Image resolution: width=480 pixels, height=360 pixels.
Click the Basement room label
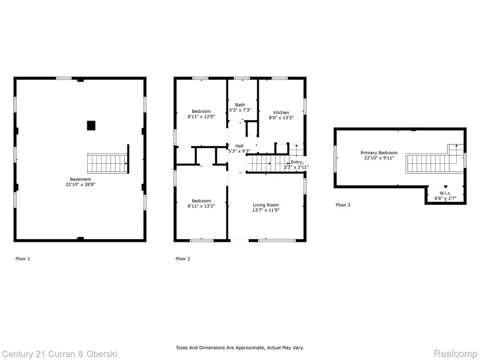80,180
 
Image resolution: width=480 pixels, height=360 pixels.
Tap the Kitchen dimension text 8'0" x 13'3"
281,118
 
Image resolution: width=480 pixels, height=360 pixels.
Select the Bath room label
240,105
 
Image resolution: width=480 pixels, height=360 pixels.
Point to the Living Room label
266,205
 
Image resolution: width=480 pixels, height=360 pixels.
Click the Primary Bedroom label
379,153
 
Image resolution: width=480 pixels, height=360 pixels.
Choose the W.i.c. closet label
445,193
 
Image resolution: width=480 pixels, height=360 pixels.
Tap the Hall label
240,146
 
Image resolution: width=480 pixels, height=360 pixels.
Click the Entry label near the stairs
297,162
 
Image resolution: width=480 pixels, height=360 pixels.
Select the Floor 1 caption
22,259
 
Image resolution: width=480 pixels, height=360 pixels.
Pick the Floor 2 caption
183,259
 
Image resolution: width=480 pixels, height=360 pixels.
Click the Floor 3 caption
343,205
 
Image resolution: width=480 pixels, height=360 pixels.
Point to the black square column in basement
91,126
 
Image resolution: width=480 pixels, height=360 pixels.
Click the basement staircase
107,164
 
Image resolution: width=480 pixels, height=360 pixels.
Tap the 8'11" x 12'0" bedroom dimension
201,117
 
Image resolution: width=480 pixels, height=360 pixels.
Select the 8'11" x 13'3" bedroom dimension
201,206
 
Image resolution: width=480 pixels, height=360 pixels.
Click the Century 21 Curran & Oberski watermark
60,354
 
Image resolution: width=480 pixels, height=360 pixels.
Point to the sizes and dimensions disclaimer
240,348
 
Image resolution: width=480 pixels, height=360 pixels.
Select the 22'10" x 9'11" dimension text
379,158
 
